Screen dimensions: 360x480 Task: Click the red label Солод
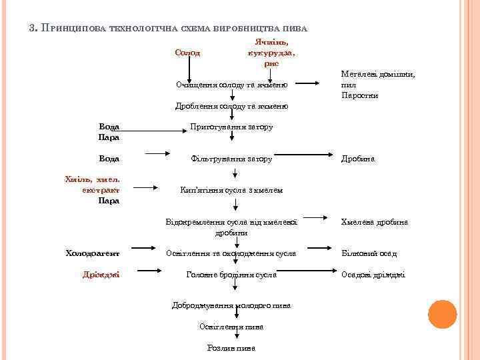pos(187,52)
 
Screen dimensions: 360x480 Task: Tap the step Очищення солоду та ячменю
pos(231,85)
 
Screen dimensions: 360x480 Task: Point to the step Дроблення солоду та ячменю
pos(231,106)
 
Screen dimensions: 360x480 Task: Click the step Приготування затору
pos(231,127)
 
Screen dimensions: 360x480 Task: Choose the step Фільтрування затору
pos(231,159)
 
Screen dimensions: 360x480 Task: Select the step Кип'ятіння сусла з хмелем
pos(231,190)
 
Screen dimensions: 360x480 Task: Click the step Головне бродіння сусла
pos(231,275)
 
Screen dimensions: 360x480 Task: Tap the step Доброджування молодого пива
pos(231,305)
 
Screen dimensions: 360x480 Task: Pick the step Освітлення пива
pos(231,327)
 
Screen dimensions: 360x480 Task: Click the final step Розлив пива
pos(231,348)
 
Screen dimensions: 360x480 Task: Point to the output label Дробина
pos(358,159)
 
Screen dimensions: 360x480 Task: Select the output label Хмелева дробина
pos(375,222)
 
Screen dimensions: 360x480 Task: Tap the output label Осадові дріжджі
pos(373,275)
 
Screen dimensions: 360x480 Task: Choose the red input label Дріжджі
pos(101,275)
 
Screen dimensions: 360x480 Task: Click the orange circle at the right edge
pos(442,314)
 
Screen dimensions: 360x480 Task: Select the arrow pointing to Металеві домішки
pos(307,84)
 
